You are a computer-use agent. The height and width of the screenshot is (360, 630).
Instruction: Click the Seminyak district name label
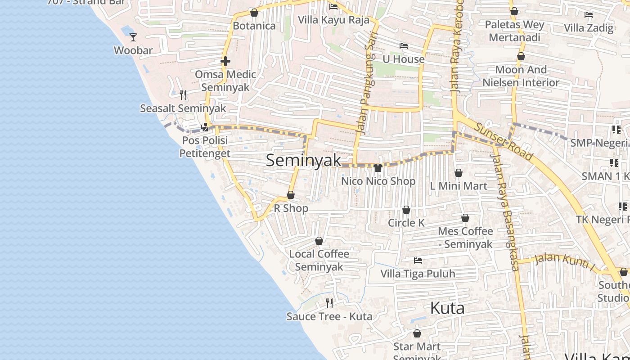tap(303, 160)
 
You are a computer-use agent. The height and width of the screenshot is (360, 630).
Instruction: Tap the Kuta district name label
tap(447, 308)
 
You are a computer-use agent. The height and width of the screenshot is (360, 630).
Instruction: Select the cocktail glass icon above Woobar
tap(133, 37)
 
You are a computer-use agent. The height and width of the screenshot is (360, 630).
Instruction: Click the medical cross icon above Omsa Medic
tap(225, 61)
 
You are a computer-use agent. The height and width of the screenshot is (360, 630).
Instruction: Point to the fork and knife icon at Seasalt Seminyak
tap(183, 95)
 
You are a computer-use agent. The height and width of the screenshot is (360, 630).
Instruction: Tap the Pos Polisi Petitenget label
tap(205, 147)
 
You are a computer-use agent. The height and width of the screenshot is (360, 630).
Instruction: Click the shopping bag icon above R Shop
tap(291, 195)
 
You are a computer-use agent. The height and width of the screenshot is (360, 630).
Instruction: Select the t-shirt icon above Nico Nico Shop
tap(378, 168)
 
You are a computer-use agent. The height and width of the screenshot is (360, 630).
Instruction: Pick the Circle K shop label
tap(406, 223)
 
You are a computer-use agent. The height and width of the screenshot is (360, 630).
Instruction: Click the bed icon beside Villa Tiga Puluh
tap(418, 261)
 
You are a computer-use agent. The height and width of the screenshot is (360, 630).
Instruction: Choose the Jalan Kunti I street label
tap(565, 262)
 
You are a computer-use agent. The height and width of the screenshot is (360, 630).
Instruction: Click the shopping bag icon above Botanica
tap(254, 13)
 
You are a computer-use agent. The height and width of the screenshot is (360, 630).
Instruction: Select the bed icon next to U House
tap(404, 46)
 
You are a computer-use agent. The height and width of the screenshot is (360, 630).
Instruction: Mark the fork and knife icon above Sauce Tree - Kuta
tap(329, 303)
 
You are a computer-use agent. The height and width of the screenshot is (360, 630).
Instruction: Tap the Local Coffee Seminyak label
tap(319, 260)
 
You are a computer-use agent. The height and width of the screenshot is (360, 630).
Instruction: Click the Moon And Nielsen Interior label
tap(521, 76)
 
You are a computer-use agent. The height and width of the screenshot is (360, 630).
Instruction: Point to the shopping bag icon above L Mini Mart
tap(459, 173)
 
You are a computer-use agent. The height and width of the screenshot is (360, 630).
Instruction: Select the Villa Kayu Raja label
tap(334, 20)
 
